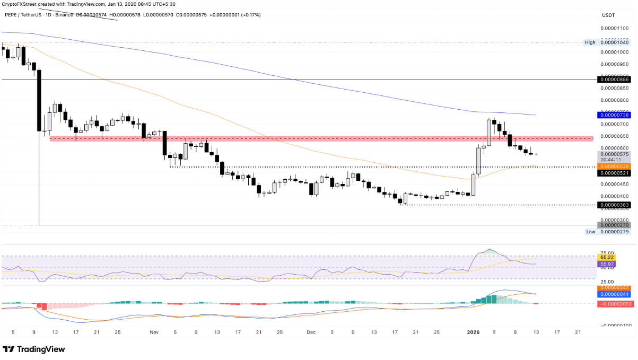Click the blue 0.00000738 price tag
614,115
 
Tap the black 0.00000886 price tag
614,79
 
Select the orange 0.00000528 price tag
614,166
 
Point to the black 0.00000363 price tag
614,205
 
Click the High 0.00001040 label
607,42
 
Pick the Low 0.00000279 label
607,232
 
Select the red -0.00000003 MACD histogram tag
614,304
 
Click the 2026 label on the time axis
474,332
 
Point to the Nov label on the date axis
154,332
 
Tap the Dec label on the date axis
311,332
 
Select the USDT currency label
607,14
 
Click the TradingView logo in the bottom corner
34,349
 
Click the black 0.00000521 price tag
614,173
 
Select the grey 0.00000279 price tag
614,225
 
